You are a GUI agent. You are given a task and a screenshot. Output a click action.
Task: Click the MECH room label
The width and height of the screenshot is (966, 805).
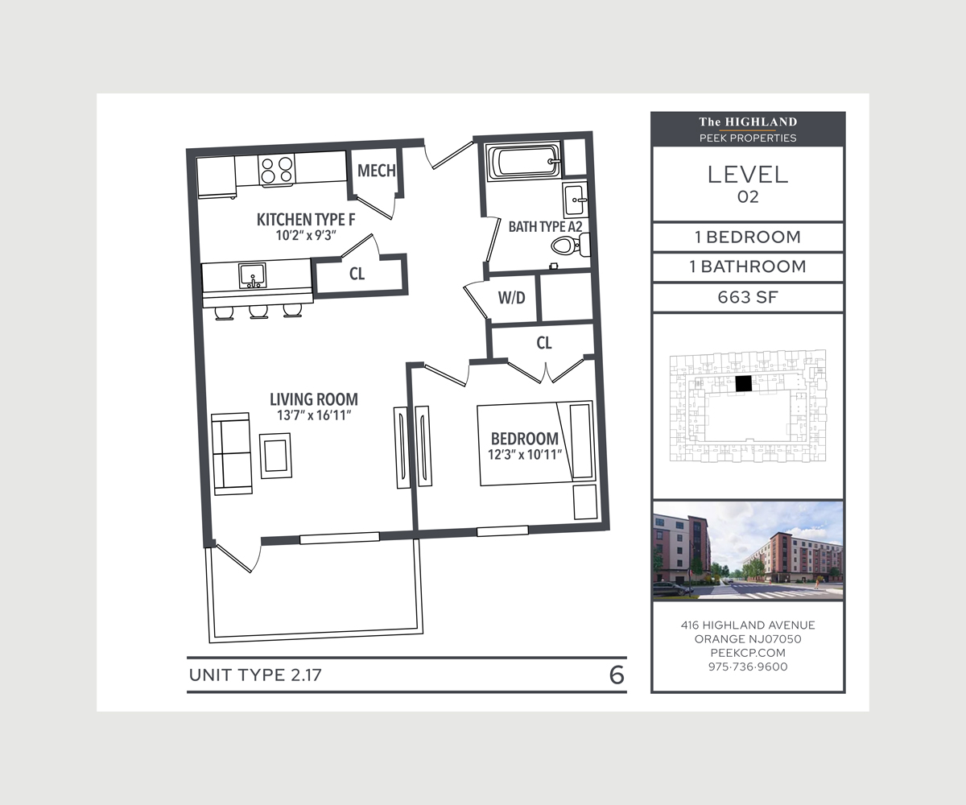pyautogui.click(x=376, y=171)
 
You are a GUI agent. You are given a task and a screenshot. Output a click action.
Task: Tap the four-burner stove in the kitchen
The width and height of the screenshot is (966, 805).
pyautogui.click(x=277, y=170)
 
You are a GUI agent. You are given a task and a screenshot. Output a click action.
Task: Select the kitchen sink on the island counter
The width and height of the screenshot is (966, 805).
pyautogui.click(x=253, y=276)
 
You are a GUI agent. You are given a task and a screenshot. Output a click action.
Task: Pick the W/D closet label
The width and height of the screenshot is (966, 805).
pyautogui.click(x=512, y=298)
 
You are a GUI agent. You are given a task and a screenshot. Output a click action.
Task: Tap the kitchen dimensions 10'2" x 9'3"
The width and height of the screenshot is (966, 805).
pyautogui.click(x=305, y=236)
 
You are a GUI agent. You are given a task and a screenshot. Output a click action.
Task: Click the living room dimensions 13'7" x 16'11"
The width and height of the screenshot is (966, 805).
pyautogui.click(x=314, y=415)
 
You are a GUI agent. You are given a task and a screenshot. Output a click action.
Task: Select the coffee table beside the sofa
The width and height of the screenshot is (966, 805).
pyautogui.click(x=276, y=456)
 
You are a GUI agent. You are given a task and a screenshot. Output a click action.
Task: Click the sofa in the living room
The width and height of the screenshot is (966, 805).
pyautogui.click(x=231, y=454)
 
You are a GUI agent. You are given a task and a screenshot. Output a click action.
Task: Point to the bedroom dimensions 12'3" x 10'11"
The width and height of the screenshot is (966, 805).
pyautogui.click(x=525, y=454)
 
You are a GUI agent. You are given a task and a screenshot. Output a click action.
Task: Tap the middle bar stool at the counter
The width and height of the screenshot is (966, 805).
pyautogui.click(x=258, y=312)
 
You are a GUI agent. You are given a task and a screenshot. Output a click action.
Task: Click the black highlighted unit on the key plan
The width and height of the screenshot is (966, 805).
pyautogui.click(x=744, y=383)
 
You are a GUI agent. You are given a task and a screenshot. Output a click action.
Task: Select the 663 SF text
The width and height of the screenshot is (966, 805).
pyautogui.click(x=748, y=297)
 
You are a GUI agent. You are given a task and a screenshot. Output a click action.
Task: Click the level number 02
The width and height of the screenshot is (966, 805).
pyautogui.click(x=748, y=197)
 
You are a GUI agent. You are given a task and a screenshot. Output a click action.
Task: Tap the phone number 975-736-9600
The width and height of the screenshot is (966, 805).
pyautogui.click(x=748, y=667)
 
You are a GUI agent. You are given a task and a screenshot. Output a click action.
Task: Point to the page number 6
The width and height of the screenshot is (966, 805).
pyautogui.click(x=617, y=675)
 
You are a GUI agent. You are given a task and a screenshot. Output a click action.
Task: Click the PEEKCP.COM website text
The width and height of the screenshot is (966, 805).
pyautogui.click(x=748, y=653)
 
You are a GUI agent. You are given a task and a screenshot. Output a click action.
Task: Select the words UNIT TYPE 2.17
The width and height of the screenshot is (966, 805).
pyautogui.click(x=255, y=675)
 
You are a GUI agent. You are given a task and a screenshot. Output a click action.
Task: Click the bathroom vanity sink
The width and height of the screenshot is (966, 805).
pyautogui.click(x=575, y=200)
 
